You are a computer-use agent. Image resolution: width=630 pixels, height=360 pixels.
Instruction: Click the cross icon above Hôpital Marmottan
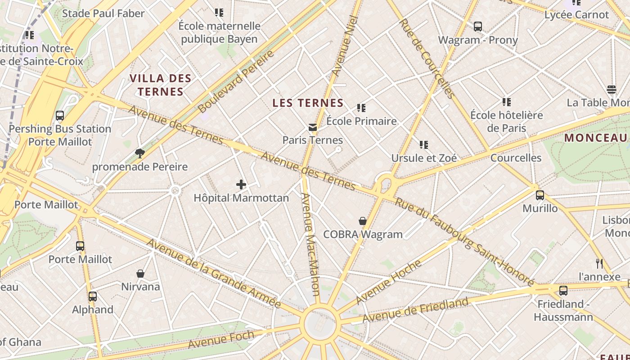(241, 184)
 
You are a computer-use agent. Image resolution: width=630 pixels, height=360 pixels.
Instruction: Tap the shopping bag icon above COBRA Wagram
(363, 221)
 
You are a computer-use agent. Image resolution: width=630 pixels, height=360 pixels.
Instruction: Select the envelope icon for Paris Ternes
(313, 127)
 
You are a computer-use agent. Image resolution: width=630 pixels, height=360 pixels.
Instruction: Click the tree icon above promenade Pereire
(140, 153)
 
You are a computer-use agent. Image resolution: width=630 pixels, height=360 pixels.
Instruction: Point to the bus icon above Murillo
(540, 195)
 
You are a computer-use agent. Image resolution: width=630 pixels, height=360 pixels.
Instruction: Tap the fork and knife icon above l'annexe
(599, 263)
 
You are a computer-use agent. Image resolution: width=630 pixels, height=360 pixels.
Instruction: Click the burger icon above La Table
(611, 90)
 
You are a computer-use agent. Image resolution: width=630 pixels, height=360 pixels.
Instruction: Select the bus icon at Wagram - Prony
(478, 27)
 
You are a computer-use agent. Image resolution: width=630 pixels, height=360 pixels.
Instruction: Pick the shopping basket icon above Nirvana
(140, 274)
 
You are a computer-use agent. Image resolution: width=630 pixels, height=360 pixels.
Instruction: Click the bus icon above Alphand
(93, 297)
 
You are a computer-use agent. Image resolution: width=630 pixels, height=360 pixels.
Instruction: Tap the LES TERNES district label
(308, 103)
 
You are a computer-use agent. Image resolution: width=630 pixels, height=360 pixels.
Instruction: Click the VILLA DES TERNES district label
(161, 85)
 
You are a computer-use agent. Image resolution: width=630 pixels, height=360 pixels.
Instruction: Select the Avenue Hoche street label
(388, 282)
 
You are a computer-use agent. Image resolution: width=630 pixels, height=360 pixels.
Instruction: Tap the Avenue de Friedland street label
(415, 310)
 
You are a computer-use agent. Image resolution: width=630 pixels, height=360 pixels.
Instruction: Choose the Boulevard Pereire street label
(236, 82)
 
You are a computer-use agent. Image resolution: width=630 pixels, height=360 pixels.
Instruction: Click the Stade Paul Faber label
(103, 13)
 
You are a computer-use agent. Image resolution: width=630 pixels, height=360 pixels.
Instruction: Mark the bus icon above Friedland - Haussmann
(563, 291)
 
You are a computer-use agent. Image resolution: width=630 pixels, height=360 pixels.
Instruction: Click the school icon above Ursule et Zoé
(424, 145)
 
